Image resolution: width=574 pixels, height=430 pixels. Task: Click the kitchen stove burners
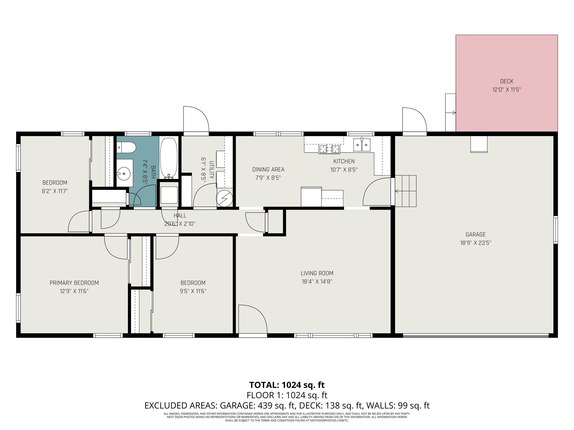[x=329, y=149]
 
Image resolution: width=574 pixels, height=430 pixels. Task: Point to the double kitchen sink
[x=362, y=145]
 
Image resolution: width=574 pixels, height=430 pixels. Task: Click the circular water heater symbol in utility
[x=224, y=199]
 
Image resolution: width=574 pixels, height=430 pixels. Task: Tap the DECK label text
[x=507, y=81]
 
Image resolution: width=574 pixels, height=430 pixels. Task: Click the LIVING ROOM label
[x=317, y=273]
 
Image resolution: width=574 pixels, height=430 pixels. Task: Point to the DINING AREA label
[x=268, y=169]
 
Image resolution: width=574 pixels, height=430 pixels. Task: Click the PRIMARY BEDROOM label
[x=74, y=283]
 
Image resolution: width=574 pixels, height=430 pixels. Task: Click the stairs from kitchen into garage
[x=406, y=191]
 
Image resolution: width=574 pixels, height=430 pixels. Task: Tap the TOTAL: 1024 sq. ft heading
[x=287, y=385]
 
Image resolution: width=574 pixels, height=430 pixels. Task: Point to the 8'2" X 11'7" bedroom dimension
[x=55, y=191]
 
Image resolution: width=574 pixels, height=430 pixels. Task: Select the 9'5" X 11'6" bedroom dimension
[x=193, y=291]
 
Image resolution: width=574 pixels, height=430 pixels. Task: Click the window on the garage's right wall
[x=556, y=230]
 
